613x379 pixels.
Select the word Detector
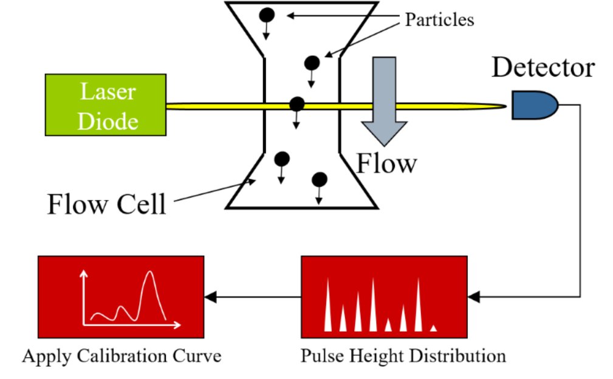click(543, 67)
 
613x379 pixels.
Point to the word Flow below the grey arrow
click(386, 163)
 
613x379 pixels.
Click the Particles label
click(439, 19)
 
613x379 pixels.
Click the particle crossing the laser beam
click(296, 104)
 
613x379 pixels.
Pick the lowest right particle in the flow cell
click(320, 179)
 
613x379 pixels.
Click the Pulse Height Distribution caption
click(403, 355)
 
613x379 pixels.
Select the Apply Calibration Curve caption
click(122, 355)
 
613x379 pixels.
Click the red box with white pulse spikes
click(384, 296)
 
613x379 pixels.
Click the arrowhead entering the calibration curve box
click(210, 296)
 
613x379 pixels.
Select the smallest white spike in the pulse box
click(433, 328)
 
